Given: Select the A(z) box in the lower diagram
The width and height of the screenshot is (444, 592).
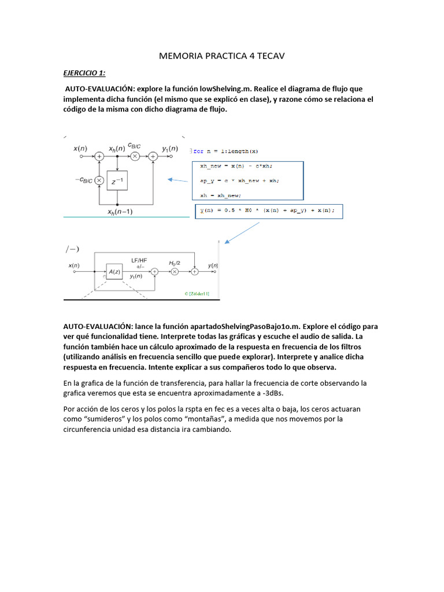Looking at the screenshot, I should [x=114, y=271].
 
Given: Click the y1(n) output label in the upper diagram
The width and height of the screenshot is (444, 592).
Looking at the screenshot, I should [x=169, y=149].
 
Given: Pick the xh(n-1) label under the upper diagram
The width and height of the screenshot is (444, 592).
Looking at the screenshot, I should [x=120, y=212].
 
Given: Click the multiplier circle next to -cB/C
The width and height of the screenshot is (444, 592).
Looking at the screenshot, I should [x=99, y=180].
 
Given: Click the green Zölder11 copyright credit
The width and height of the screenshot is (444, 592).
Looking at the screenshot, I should [x=197, y=294].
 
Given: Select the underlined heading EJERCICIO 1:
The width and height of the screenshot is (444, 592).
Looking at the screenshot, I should [x=84, y=73].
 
